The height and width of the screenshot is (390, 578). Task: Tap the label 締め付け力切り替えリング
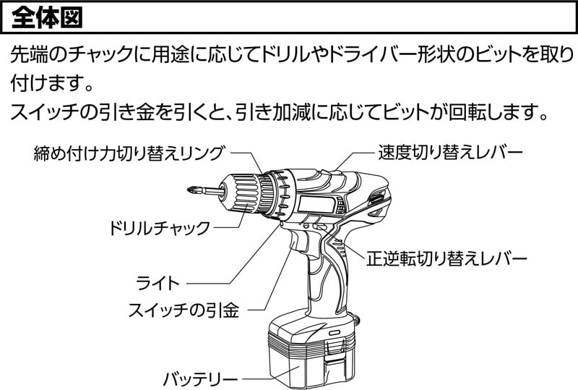click(129, 153)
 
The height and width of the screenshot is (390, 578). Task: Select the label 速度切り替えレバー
click(450, 153)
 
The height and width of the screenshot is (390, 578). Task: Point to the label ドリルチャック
click(159, 228)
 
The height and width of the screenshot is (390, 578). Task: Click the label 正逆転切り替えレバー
click(446, 258)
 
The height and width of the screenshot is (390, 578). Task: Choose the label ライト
click(158, 283)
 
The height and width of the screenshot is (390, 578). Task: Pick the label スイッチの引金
click(184, 310)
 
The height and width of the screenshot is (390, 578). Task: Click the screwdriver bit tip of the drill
click(191, 191)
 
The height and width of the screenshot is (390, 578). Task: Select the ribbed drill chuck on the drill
click(241, 193)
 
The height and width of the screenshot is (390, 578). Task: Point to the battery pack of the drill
click(312, 350)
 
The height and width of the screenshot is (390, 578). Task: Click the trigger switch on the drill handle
click(298, 241)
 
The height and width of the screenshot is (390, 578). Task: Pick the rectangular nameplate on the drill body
click(316, 204)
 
